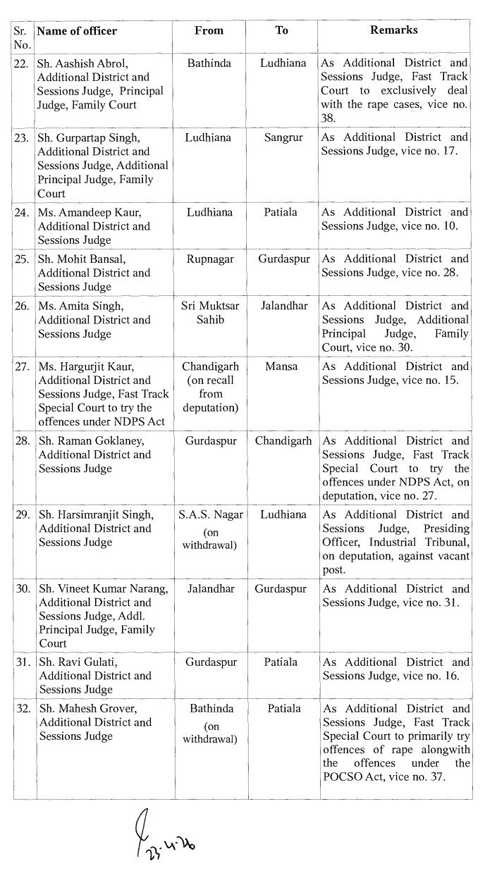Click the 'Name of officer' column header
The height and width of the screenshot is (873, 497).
pyautogui.click(x=77, y=31)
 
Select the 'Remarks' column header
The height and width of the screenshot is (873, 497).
pyautogui.click(x=393, y=30)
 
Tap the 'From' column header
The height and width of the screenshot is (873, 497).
pyautogui.click(x=209, y=30)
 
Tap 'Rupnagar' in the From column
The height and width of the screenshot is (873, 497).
pyautogui.click(x=209, y=259)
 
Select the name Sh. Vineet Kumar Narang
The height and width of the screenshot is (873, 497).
pyautogui.click(x=104, y=589)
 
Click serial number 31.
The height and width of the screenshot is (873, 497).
pyautogui.click(x=23, y=662)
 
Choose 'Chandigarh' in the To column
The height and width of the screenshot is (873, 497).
pyautogui.click(x=282, y=441)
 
